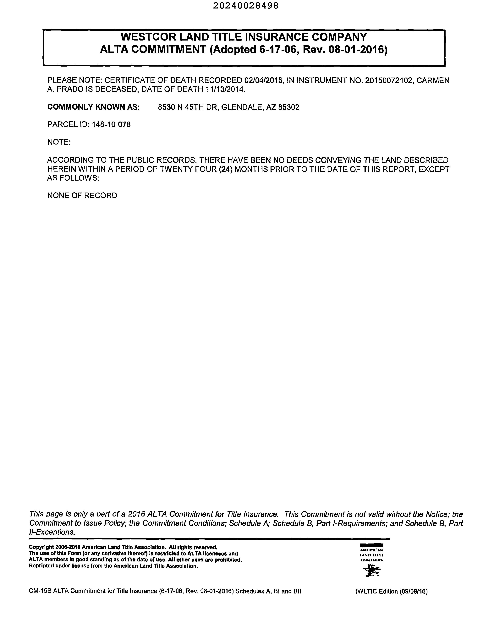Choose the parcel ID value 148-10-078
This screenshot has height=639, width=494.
[111, 125]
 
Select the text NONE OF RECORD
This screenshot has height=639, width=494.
[82, 195]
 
